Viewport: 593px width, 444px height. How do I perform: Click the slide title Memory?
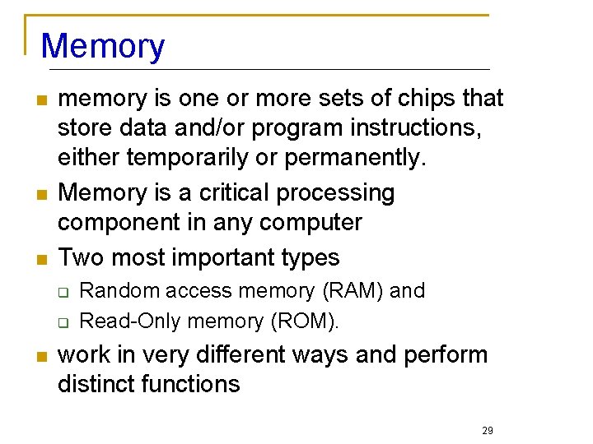tap(103, 46)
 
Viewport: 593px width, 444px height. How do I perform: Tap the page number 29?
tap(488, 431)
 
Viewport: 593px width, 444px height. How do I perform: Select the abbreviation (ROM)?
tap(304, 321)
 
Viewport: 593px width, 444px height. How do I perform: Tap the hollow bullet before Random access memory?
tap(63, 293)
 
